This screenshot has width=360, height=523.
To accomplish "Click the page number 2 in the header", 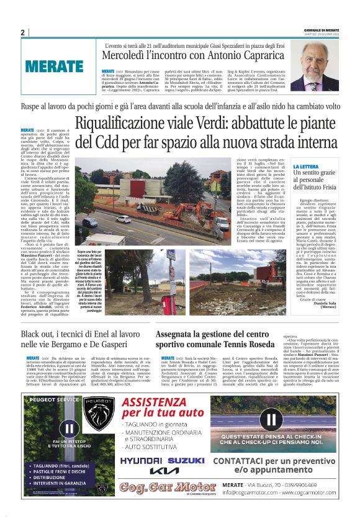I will point(22,32).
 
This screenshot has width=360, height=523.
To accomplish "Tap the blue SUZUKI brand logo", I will point(186,460).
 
